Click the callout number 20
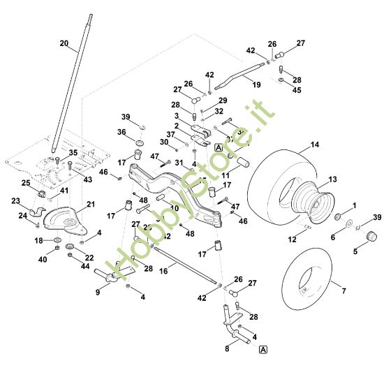(64, 43)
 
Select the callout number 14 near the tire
(315, 145)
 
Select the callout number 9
(97, 293)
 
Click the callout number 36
(121, 132)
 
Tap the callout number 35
(73, 152)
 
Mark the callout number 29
(222, 101)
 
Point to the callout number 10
(175, 208)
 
